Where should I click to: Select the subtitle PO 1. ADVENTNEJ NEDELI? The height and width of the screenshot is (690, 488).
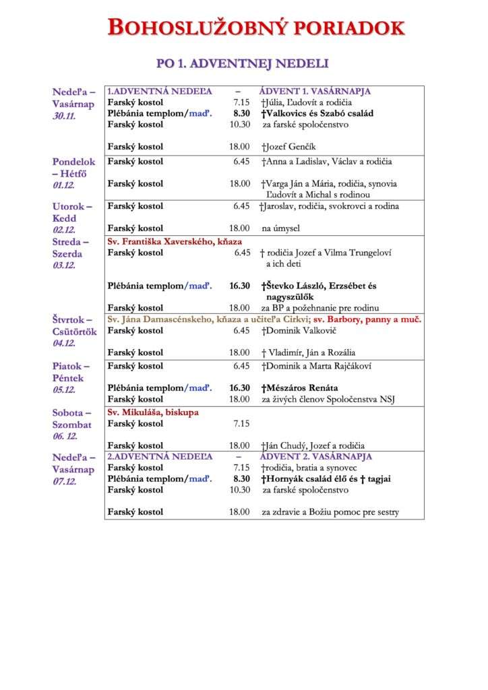[x=243, y=63]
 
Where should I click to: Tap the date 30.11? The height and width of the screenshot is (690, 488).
[x=65, y=116]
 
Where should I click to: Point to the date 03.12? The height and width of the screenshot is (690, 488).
[x=65, y=265]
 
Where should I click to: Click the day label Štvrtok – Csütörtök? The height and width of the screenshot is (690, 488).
[x=75, y=325]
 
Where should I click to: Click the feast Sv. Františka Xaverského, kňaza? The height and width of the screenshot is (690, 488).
[x=175, y=241]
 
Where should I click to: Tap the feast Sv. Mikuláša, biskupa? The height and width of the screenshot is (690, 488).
[x=153, y=412]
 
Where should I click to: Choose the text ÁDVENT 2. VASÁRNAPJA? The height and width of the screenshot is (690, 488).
[x=315, y=456]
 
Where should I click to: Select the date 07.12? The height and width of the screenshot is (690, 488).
[x=65, y=481]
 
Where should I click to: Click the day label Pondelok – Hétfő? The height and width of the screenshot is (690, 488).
[x=74, y=167]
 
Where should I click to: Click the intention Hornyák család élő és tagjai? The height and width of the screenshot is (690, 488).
[x=326, y=478]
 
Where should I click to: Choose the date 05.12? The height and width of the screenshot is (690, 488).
[x=65, y=390]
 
